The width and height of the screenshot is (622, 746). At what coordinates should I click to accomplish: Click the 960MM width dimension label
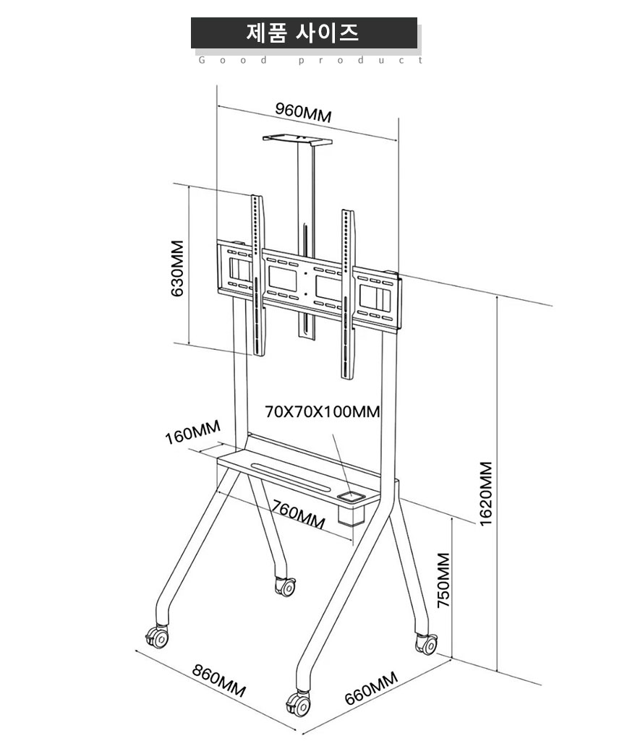pos(303,113)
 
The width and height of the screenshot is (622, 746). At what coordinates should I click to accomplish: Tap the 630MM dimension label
pos(177,268)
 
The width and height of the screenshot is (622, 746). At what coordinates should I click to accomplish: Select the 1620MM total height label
pos(486,494)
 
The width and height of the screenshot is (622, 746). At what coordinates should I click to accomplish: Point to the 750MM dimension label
pos(443,580)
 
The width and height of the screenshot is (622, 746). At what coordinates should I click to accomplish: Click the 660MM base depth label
pos(371,688)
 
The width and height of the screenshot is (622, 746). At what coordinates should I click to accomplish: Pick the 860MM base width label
pos(219,680)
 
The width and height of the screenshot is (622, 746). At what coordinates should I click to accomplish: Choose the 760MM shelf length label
pos(299,514)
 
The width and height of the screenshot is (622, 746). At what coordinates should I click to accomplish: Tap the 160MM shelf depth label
pos(192,432)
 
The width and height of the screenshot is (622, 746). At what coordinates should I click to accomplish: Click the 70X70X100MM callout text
pos(323,411)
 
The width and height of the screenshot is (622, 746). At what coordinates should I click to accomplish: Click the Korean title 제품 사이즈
pos(303,33)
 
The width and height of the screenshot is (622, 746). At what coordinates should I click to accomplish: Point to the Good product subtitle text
pos(310,60)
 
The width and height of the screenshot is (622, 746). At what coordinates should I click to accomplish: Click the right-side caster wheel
pos(427,643)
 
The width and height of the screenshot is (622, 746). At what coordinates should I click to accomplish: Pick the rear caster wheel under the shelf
pos(286,586)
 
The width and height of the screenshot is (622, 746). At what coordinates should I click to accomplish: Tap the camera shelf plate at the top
pos(297,140)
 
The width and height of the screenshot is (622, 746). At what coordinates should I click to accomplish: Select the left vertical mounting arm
pos(257,275)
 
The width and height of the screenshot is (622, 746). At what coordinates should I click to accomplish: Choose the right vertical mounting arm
pos(348,294)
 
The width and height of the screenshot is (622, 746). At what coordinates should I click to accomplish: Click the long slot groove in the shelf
pos(293,477)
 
